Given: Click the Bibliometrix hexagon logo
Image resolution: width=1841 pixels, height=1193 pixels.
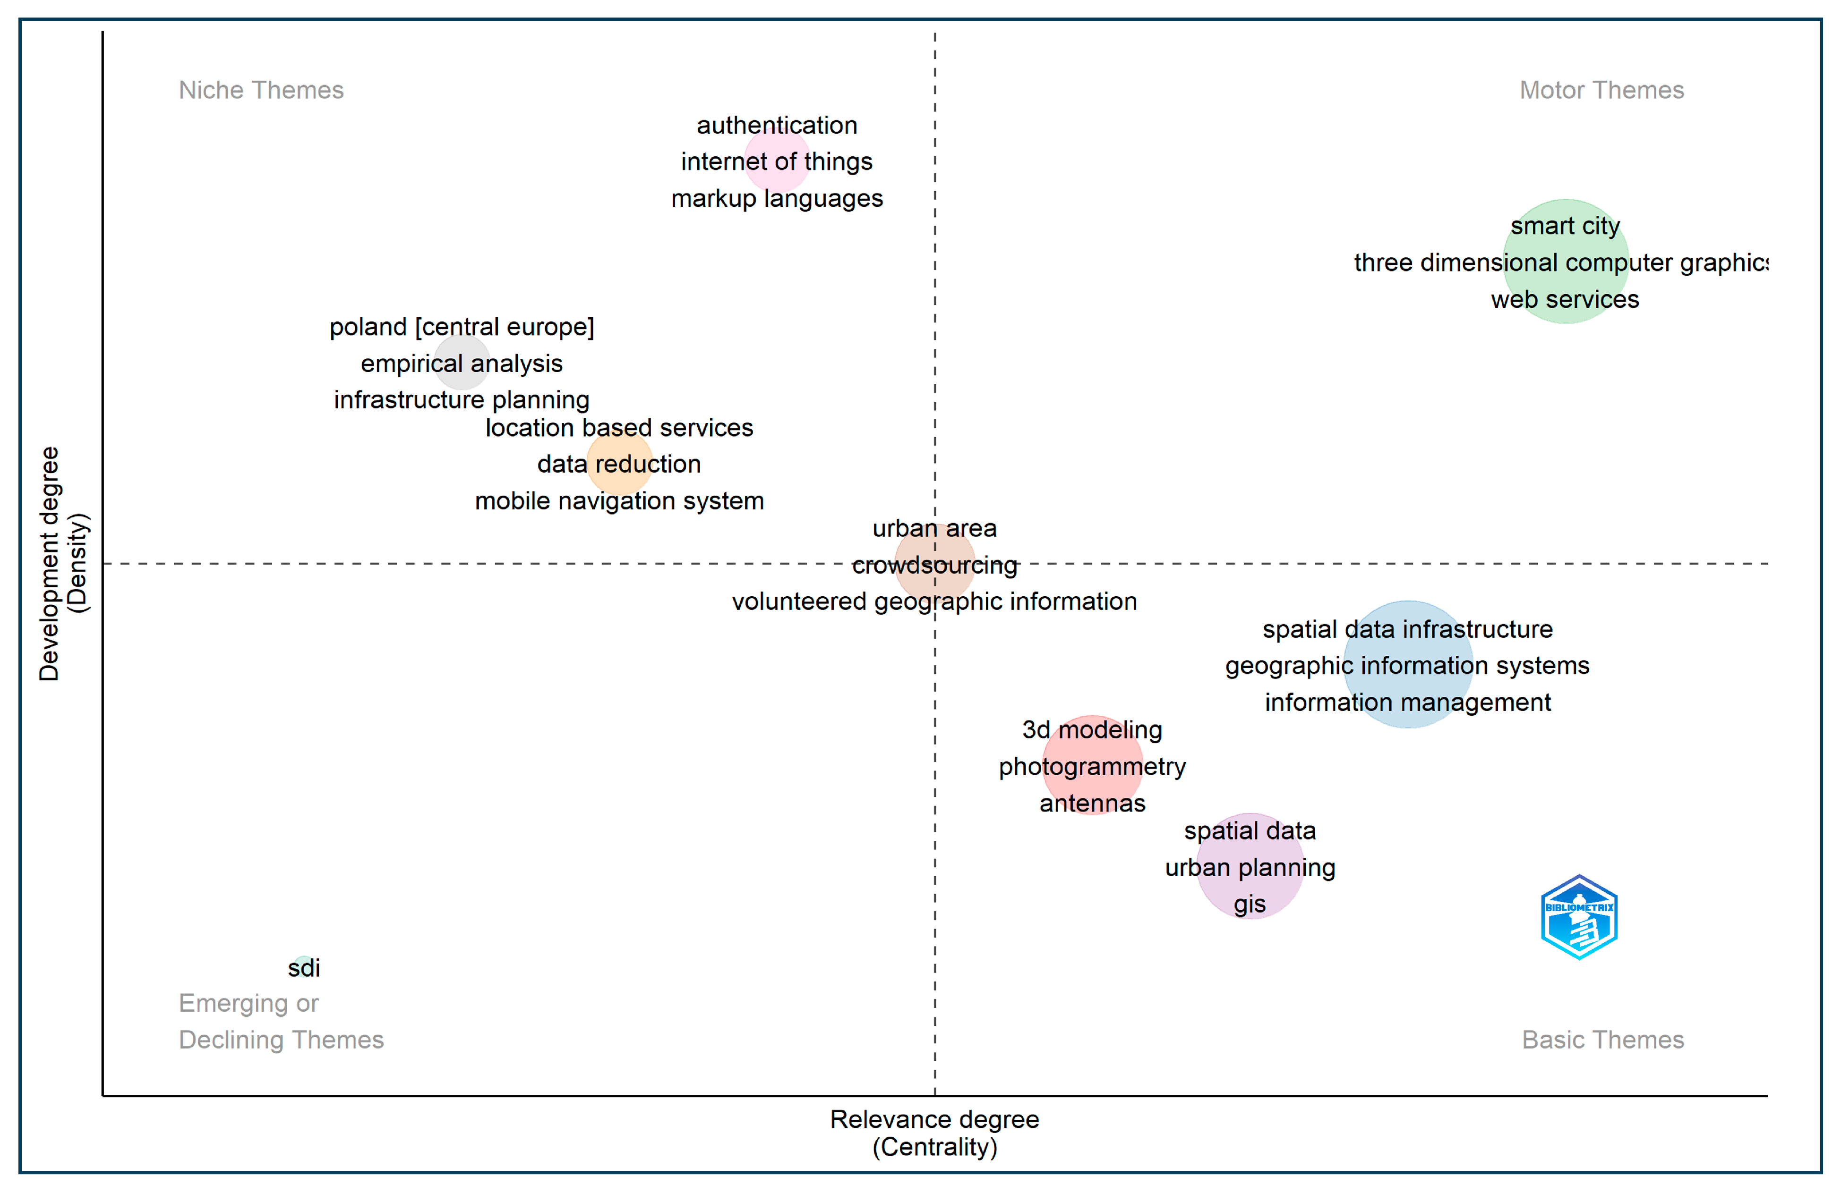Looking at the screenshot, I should pos(1579,917).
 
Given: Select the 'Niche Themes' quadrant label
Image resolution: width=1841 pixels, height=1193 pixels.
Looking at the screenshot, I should pos(261,91).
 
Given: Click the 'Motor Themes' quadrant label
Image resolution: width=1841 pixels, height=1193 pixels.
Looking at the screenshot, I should pos(1601,91).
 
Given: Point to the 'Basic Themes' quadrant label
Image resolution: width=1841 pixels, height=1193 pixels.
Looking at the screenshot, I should pos(1603,1040).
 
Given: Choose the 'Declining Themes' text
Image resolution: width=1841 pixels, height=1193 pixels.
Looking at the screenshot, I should pos(281,1040).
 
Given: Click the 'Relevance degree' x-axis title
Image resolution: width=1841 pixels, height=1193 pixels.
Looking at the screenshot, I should pos(934,1119).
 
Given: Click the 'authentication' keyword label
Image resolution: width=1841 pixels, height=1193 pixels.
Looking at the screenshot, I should pos(777,125).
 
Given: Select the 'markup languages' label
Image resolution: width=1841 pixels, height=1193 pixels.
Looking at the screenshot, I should pos(777,199).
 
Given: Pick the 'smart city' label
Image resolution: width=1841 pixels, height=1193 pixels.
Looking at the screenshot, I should pos(1565,226).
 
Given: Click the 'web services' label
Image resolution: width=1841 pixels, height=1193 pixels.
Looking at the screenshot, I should pos(1565,299).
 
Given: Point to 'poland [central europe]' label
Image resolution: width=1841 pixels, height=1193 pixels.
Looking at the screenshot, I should pos(462,327).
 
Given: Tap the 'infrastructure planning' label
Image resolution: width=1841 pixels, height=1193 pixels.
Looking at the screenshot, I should pos(462,400).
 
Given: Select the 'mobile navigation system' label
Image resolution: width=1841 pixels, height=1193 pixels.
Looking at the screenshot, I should pos(619,501).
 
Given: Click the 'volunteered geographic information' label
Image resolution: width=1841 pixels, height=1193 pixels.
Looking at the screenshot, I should pos(934,601).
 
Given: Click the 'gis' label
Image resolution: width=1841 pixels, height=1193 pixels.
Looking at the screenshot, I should pos(1249,904).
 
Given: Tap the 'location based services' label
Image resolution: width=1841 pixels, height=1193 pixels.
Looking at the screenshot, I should pos(619,428).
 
